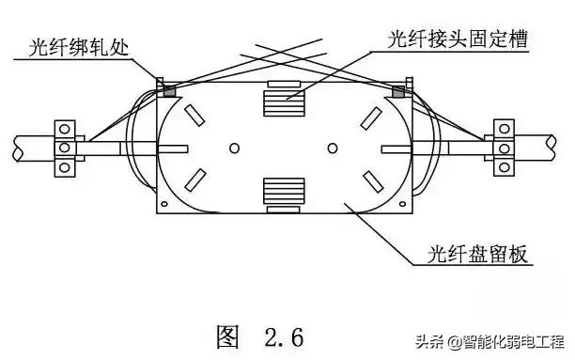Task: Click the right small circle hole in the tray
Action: [x=332, y=149]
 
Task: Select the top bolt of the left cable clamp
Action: [x=65, y=127]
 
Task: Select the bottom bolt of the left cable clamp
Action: [x=65, y=167]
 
